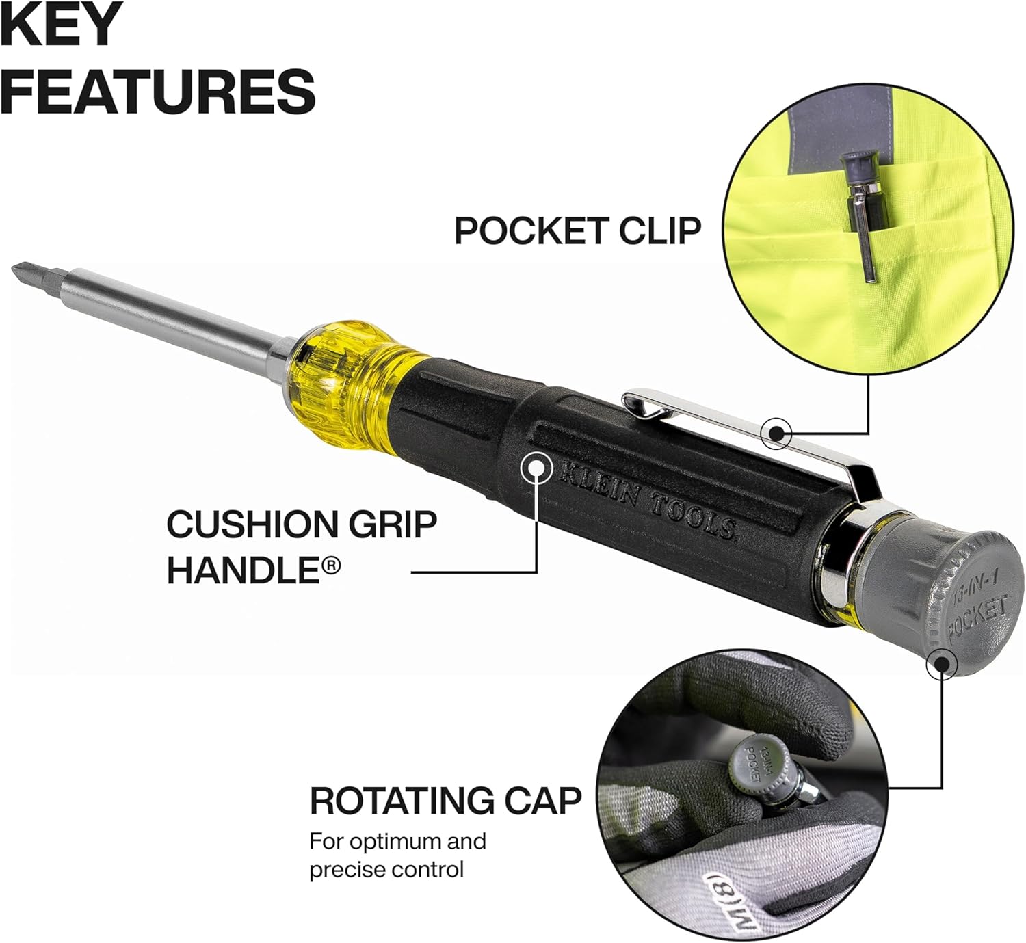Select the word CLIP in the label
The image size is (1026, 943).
(660, 230)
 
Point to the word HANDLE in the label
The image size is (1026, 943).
(240, 570)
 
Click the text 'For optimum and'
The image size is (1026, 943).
(398, 842)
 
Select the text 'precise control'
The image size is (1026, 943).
(386, 870)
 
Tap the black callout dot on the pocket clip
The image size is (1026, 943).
(776, 434)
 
